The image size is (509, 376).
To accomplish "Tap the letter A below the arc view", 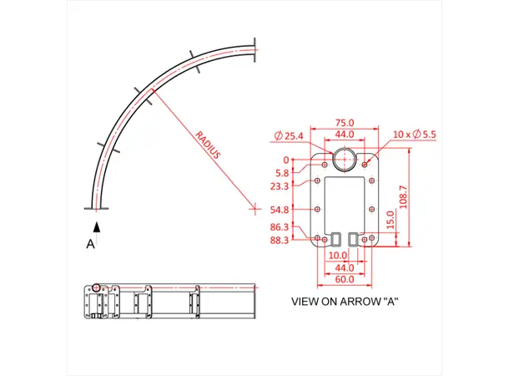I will coord(91,244).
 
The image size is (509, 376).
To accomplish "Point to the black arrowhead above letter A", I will coord(97,226).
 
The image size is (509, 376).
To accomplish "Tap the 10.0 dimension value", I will coord(338,256).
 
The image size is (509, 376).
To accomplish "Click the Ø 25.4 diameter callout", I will coord(288,135).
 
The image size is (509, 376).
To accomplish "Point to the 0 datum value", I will coord(286,160).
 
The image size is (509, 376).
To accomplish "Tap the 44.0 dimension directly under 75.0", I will coord(343,134).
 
